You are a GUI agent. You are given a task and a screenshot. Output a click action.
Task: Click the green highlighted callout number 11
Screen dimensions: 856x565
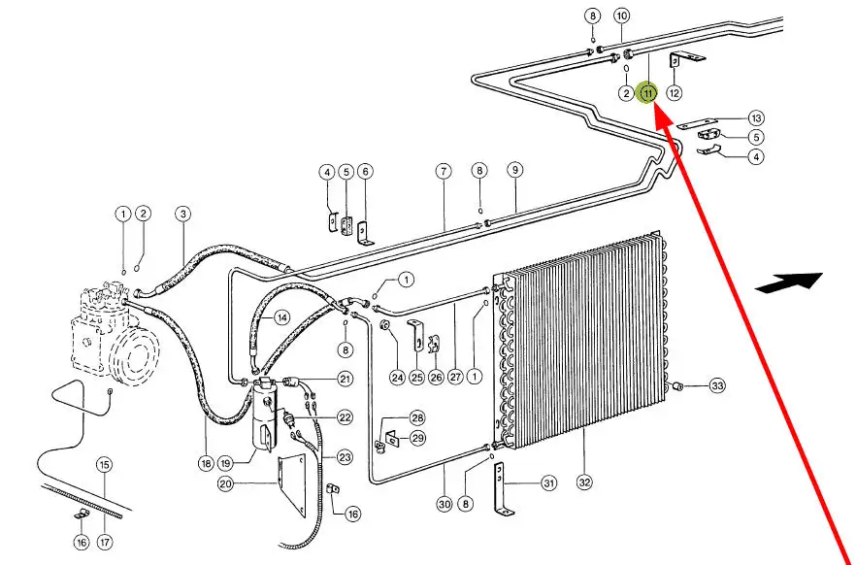[648, 93]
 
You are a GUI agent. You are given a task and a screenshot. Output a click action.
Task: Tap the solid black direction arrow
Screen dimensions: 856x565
[789, 282]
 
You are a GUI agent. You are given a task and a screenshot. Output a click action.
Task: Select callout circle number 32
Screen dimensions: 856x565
[584, 482]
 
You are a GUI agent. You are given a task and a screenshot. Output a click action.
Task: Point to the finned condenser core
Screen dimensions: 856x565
[580, 340]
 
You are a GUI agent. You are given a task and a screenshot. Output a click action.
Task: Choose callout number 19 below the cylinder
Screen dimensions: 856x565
[226, 463]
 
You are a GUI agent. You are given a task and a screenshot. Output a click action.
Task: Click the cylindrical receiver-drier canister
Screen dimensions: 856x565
[264, 414]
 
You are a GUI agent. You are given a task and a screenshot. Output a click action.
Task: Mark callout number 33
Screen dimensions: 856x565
[717, 386]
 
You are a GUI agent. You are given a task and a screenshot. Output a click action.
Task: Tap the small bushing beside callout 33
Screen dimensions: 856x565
[679, 386]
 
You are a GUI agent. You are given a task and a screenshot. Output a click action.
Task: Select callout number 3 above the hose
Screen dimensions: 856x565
[182, 214]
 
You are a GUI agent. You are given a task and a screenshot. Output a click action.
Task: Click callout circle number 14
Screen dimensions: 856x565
[281, 317]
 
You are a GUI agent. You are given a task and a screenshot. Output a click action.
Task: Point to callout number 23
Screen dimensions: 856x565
[345, 457]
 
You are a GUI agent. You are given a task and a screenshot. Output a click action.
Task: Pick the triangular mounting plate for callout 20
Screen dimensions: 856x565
[292, 484]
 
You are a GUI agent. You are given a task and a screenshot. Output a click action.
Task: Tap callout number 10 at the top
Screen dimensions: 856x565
[622, 16]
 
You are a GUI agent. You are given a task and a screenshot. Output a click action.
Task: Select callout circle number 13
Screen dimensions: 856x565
[756, 117]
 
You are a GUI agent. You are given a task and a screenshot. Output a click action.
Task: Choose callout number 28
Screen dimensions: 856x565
[417, 418]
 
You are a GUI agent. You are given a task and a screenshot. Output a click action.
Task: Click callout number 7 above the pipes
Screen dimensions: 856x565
[444, 172]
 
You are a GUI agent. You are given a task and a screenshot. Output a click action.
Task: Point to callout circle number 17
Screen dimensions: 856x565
[105, 542]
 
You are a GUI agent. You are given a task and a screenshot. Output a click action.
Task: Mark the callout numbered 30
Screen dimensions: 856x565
[444, 504]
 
